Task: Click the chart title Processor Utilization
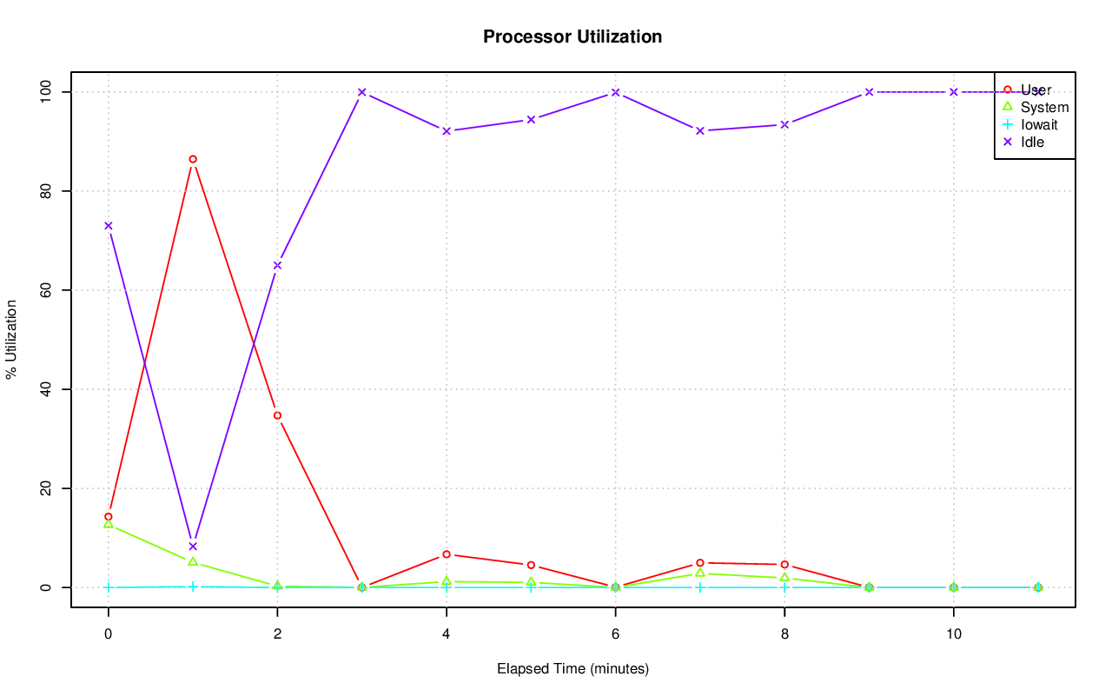[x=573, y=36]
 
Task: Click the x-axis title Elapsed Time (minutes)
[x=573, y=669]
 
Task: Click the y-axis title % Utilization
[x=11, y=340]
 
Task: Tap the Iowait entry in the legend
[x=1039, y=124]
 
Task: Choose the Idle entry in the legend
[x=1032, y=142]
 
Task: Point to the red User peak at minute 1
[x=193, y=159]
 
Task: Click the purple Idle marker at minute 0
[x=109, y=226]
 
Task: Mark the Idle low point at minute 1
[x=193, y=547]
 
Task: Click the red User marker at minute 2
[x=277, y=415]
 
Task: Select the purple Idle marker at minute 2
[x=277, y=265]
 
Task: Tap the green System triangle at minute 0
[x=109, y=524]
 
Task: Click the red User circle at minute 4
[x=447, y=554]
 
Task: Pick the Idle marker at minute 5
[x=531, y=119]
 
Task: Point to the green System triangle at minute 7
[x=700, y=573]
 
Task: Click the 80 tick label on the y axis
[x=43, y=190]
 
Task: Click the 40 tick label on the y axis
[x=43, y=389]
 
